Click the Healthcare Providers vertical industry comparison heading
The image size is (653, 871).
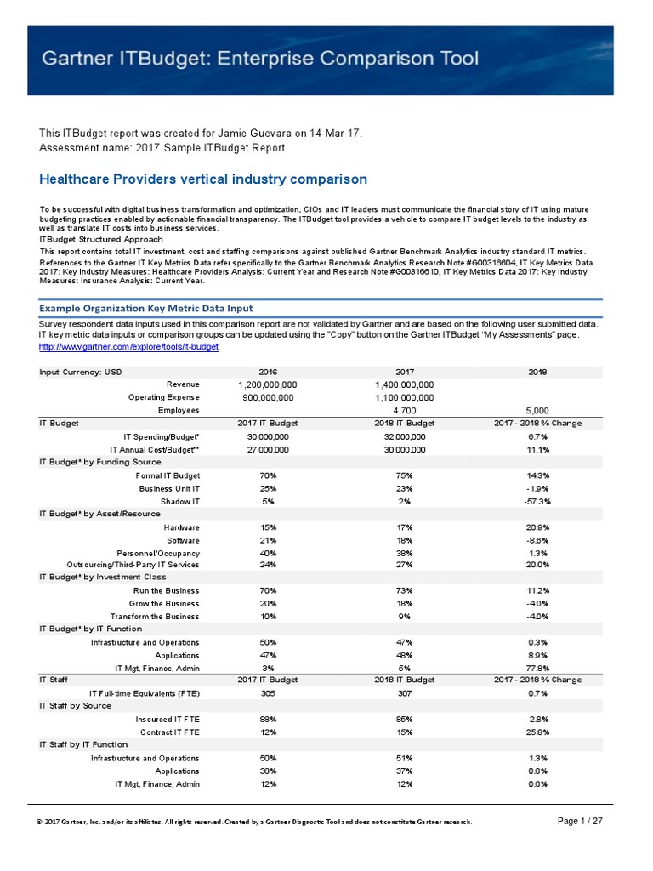(203, 179)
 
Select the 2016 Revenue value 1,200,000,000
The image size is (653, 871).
(268, 384)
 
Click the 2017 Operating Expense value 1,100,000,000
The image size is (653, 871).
(405, 397)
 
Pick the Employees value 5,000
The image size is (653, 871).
(537, 410)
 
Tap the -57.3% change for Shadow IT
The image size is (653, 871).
(537, 502)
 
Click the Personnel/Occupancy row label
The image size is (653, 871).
(158, 552)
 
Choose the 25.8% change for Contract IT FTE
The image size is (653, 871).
(537, 732)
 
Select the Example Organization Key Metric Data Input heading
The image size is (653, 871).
(145, 308)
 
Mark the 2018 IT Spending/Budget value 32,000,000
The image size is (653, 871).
(405, 436)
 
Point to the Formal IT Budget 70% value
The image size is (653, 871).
(268, 475)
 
